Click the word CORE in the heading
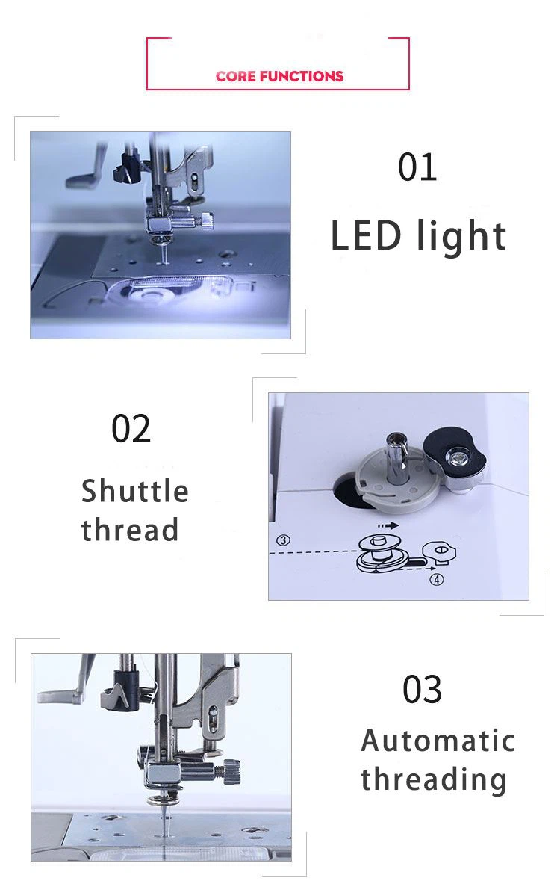point(235,76)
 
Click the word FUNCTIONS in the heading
point(302,76)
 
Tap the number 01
point(417,167)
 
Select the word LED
point(366,235)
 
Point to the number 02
point(131,428)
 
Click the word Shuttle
point(135,491)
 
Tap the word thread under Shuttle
point(130,530)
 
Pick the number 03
point(422,690)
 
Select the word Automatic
point(438,741)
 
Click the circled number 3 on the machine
point(283,540)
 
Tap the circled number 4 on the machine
point(436,580)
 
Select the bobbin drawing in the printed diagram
point(379,553)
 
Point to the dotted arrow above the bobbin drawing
point(388,525)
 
